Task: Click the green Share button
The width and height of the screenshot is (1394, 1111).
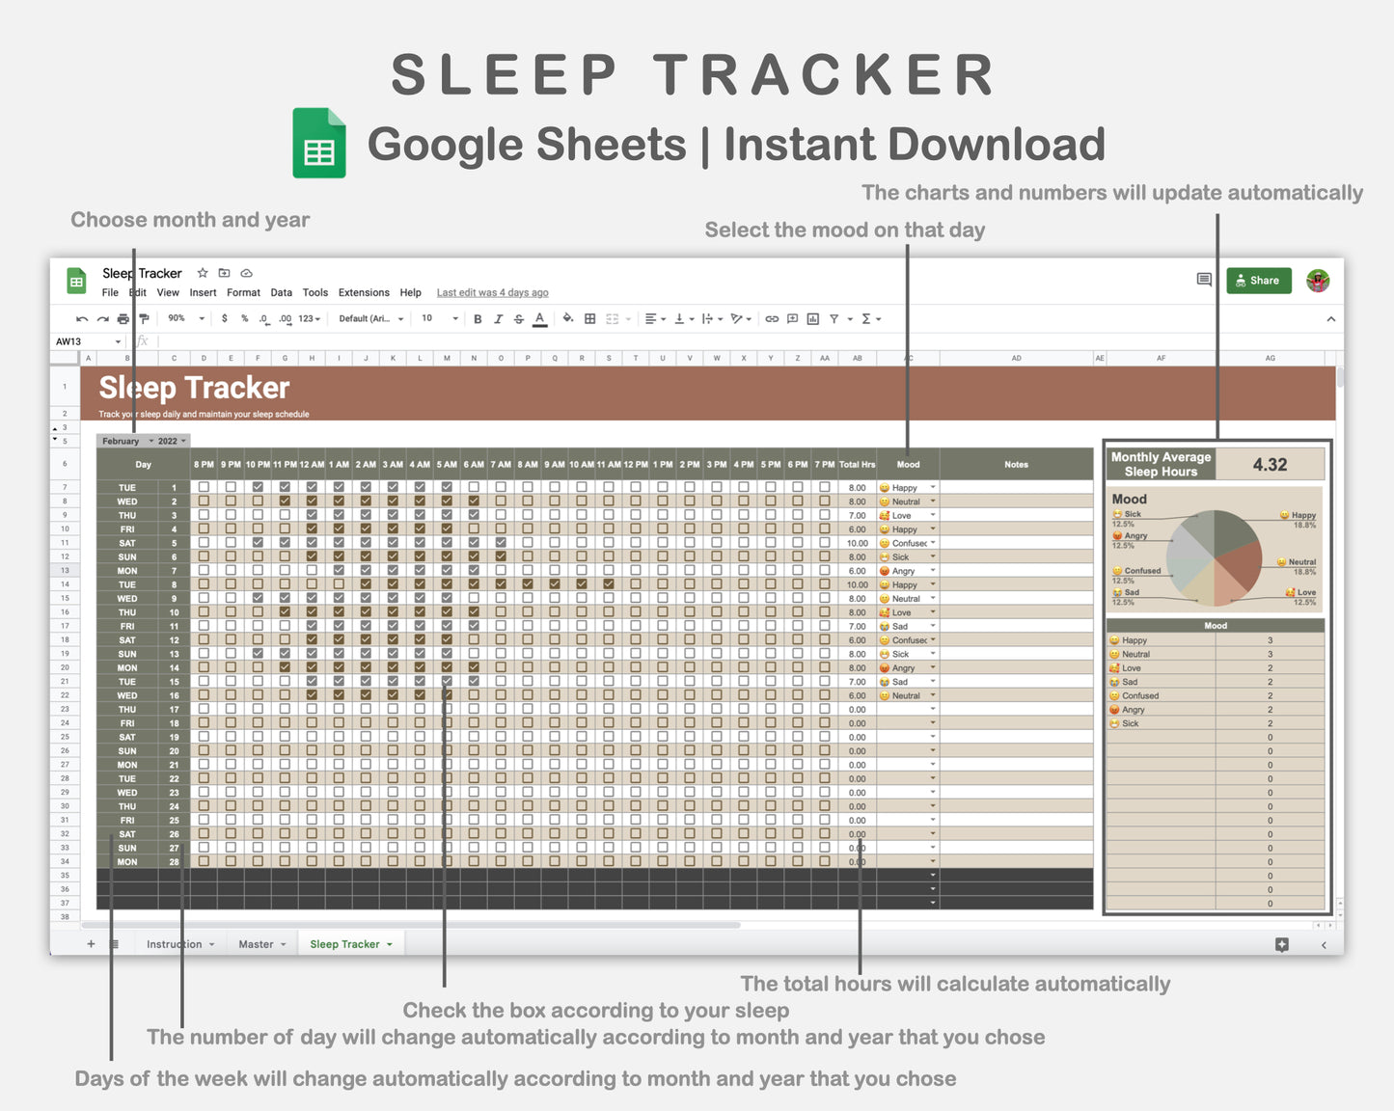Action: [x=1258, y=281]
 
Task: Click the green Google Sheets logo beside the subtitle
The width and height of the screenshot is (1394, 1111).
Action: [x=319, y=143]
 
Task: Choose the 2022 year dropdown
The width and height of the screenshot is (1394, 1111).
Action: [x=171, y=441]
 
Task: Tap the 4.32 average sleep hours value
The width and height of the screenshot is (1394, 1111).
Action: [x=1270, y=464]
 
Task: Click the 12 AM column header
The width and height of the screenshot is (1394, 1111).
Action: [x=312, y=465]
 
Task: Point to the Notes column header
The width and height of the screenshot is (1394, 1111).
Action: [x=1016, y=465]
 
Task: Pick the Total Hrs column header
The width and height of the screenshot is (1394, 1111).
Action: [x=857, y=465]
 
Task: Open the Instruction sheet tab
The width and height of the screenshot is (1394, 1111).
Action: [x=175, y=944]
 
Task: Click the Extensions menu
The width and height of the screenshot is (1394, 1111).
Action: [x=364, y=292]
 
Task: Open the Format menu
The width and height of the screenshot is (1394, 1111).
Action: [x=243, y=292]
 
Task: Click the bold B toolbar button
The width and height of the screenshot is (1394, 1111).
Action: [x=478, y=319]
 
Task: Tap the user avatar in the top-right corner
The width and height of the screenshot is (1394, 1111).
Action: [x=1318, y=281]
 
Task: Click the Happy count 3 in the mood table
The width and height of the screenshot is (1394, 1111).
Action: [x=1270, y=640]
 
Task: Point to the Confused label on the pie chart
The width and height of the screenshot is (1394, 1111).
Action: [x=1142, y=571]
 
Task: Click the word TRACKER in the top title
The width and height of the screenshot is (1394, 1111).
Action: [x=825, y=75]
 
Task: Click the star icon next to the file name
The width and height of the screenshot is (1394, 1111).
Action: [x=203, y=273]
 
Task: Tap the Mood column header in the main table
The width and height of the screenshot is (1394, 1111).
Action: [x=908, y=465]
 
